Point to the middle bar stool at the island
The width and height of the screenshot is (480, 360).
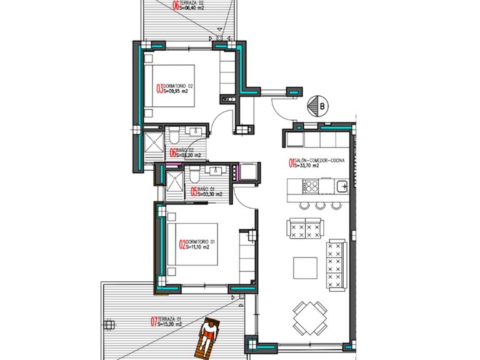[x=321, y=205]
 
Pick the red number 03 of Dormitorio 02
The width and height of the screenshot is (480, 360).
[x=159, y=88]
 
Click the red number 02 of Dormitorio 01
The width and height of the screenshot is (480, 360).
[x=182, y=244]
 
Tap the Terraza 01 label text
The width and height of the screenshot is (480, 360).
[x=170, y=318]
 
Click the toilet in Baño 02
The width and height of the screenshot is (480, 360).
[x=176, y=134]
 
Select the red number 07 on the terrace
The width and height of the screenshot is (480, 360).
[x=154, y=322]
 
